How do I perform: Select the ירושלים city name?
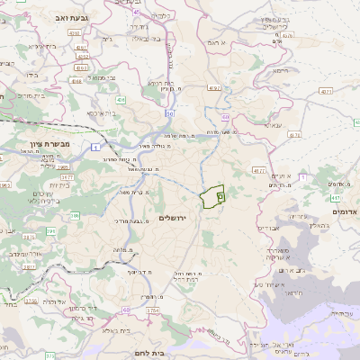click(175, 218)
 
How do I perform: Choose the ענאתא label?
click(271, 124)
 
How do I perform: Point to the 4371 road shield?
click(325, 91)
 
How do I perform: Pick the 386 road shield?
click(76, 216)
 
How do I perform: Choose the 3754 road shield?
click(152, 310)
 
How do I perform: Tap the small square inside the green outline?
click(220, 193)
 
